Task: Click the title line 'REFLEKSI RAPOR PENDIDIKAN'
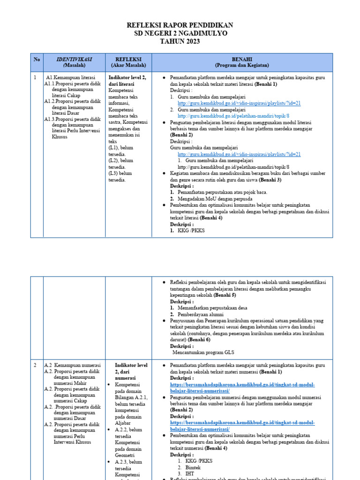tap(180, 25)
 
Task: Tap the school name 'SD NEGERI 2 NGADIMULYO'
tap(180, 33)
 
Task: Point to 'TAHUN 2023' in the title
tap(180, 42)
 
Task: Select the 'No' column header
tap(37, 60)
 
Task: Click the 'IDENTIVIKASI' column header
tap(74, 60)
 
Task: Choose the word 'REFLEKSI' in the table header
tap(128, 60)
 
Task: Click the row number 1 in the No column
tap(35, 77)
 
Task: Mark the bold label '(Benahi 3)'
tap(270, 180)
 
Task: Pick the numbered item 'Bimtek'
tap(185, 467)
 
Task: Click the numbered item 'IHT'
tap(182, 474)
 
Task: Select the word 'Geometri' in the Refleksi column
tap(125, 455)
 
